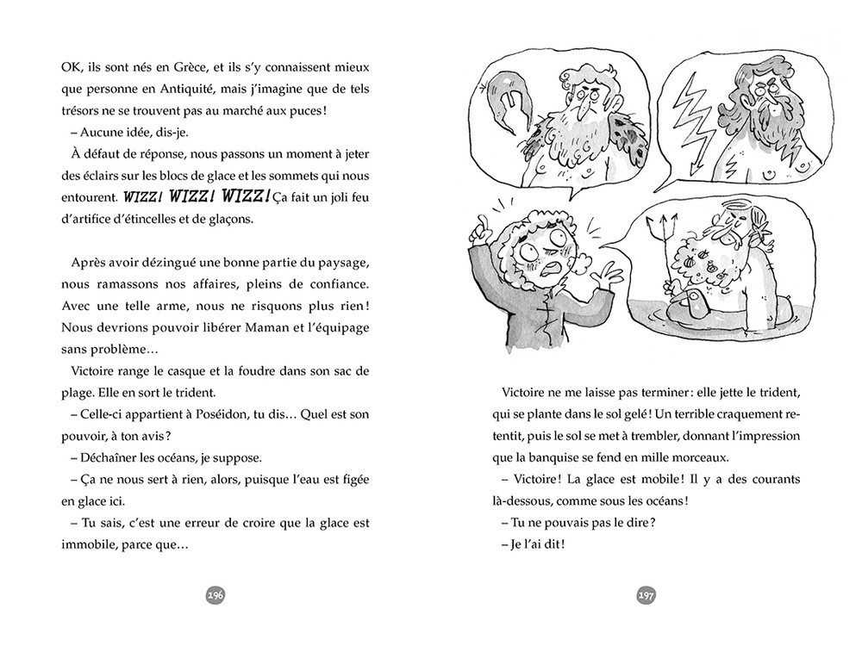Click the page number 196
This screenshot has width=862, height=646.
point(215,595)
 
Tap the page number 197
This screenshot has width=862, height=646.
point(646,595)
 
